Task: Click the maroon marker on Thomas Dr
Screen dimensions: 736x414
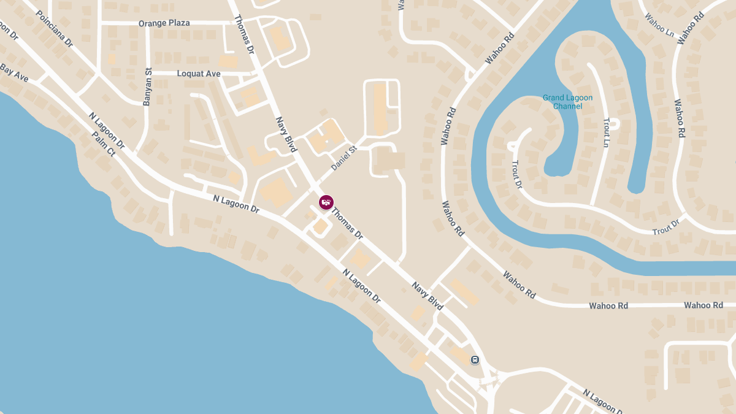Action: tap(326, 202)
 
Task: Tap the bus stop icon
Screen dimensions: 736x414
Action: tap(475, 359)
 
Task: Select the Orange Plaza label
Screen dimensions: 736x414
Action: tap(164, 23)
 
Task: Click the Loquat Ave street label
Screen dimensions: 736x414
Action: tap(198, 74)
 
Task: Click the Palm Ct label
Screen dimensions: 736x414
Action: tap(103, 144)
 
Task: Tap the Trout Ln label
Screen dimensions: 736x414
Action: tap(606, 132)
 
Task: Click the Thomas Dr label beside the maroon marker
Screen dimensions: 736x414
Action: tap(348, 223)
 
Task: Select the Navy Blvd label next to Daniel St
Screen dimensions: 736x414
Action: tap(286, 135)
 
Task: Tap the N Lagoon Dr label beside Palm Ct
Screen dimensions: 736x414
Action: tap(106, 131)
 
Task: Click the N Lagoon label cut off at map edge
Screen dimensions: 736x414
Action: tap(602, 402)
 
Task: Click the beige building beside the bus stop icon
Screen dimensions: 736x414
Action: tap(458, 354)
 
